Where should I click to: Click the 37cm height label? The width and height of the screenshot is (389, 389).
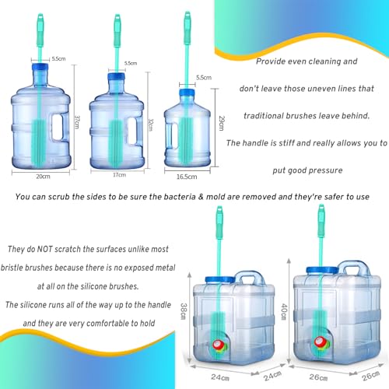[77, 121]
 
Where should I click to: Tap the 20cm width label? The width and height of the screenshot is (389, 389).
[43, 177]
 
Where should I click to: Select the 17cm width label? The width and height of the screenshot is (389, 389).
[119, 175]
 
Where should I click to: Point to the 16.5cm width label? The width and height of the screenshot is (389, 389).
[187, 177]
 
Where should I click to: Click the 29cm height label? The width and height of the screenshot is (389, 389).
[222, 123]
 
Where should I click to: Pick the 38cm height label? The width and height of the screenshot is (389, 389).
[184, 311]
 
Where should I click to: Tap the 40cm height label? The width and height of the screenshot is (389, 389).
[284, 312]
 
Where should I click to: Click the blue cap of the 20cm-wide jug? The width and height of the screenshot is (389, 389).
[40, 67]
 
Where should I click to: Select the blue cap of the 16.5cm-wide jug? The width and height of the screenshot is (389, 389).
[187, 92]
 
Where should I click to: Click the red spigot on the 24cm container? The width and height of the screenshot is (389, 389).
[218, 345]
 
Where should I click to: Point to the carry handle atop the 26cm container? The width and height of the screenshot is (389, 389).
[354, 268]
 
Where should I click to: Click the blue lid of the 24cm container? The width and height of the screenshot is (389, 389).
[220, 280]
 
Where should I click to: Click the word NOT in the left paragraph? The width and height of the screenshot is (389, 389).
[44, 249]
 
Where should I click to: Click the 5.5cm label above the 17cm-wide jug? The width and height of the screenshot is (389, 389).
[131, 63]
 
